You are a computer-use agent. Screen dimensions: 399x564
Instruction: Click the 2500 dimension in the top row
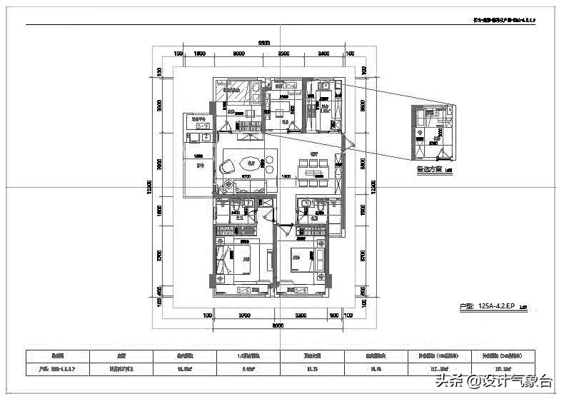pyautogui.click(x=283, y=54)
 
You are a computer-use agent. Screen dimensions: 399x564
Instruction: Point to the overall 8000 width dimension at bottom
pyautogui.click(x=278, y=325)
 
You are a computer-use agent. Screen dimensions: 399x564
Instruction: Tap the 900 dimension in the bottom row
pyautogui.click(x=333, y=315)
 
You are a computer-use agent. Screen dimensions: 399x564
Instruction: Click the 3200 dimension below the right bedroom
pyautogui.click(x=300, y=315)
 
